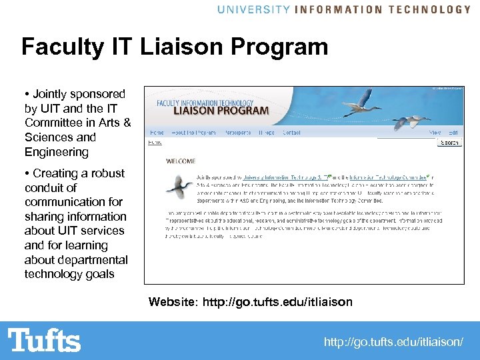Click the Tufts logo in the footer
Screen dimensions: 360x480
tap(45, 340)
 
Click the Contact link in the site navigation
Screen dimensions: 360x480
tap(291, 133)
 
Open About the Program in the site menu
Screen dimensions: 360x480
tap(193, 133)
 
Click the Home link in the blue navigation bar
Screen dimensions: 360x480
tap(157, 133)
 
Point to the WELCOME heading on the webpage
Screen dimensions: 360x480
tap(181, 161)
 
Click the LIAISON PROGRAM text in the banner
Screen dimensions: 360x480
tap(221, 111)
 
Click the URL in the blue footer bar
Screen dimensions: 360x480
tap(393, 342)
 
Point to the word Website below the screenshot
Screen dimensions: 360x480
tap(171, 302)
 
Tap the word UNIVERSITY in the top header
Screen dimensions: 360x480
tap(253, 9)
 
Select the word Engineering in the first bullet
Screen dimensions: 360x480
tap(57, 152)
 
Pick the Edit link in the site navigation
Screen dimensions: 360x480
tap(453, 133)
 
